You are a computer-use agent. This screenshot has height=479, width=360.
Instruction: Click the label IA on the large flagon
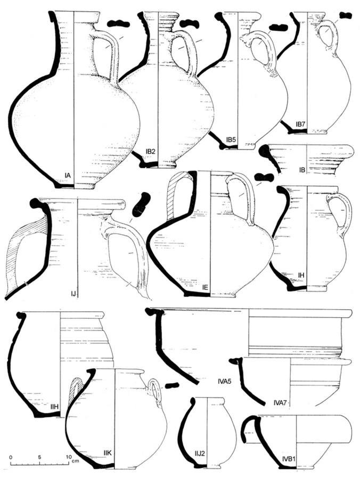pos(68,175)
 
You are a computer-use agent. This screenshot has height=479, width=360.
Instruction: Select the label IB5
pos(231,140)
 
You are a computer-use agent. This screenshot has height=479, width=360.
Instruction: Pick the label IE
pos(205,288)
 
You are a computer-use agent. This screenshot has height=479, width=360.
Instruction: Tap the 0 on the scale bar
pos(11,457)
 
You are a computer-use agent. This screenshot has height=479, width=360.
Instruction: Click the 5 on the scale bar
pos(39,457)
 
